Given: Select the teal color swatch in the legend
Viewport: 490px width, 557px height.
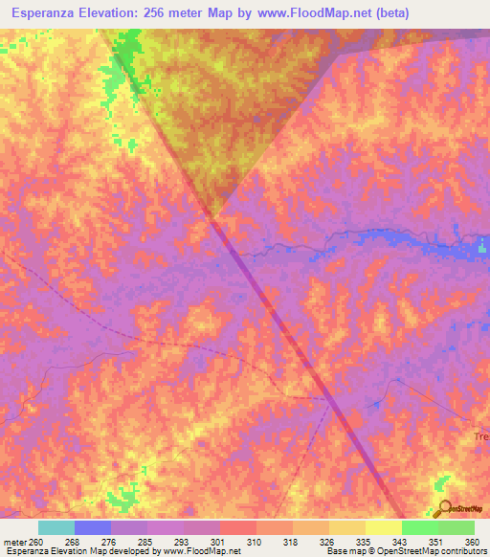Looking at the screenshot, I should [56, 527].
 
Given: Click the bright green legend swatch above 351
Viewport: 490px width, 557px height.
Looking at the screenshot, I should [420, 527].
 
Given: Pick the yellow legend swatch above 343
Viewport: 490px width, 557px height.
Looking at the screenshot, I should [384, 527].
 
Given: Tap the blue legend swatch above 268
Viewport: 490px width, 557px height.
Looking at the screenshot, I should [93, 527].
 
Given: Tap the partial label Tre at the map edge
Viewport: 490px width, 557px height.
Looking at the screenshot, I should [480, 436].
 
